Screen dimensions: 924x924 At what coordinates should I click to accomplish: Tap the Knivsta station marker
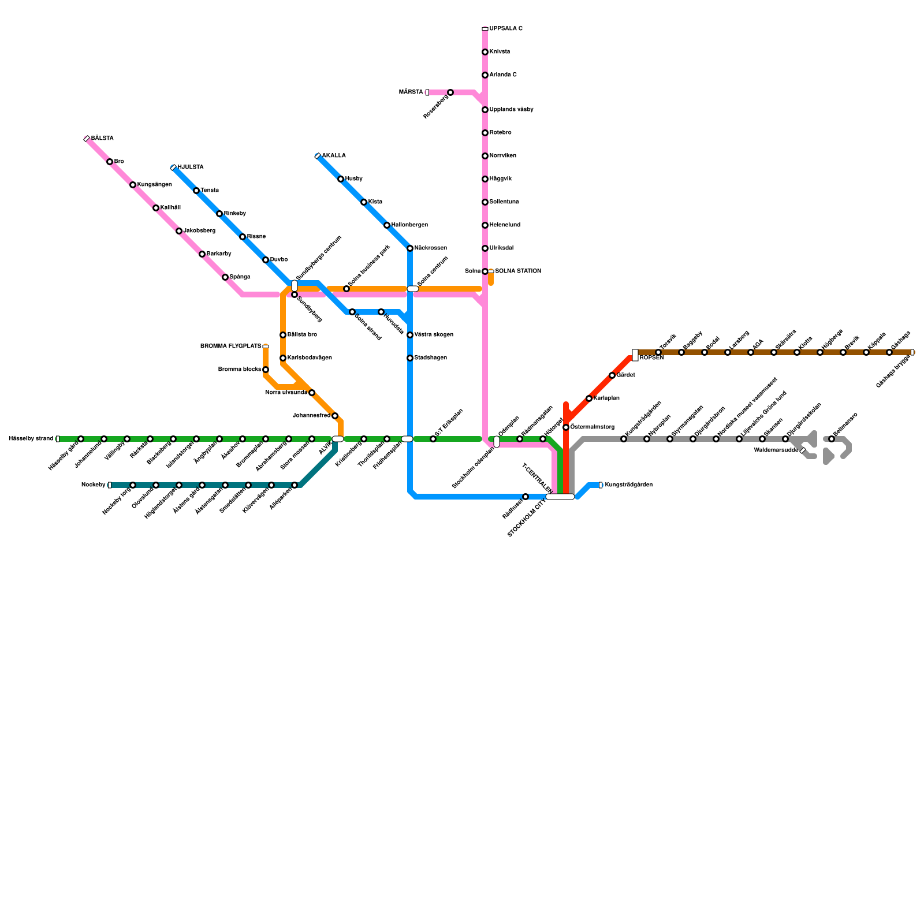coord(485,52)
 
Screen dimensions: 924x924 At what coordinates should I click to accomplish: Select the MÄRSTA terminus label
coord(411,92)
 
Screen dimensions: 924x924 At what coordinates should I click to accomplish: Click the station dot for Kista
coord(364,202)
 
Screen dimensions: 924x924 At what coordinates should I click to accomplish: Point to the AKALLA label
coord(334,156)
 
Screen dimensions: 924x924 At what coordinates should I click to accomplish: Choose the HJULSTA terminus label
coord(190,167)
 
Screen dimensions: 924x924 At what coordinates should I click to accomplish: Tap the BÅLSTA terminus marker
coord(87,139)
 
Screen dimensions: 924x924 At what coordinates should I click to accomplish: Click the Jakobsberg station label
coord(199,231)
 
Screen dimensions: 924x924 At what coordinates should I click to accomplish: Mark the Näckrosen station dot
coord(410,248)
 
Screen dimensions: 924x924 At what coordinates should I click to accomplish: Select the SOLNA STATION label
coord(518,271)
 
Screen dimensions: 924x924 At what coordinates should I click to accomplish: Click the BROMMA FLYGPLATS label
coord(230,346)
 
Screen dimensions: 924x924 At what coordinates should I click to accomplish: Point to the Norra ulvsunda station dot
coord(312,393)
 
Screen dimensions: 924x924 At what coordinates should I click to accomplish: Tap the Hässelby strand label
coord(31,439)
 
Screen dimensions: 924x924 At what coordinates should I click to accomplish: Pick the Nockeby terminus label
coord(93,485)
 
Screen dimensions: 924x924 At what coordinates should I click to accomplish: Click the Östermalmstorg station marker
coord(566,427)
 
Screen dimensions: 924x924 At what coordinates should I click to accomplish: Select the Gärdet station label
coord(626,375)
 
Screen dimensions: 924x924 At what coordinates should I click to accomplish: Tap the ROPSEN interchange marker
coord(635,355)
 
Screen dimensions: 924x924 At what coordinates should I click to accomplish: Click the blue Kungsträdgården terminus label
coord(628,485)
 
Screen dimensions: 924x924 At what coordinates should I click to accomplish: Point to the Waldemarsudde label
coord(776,450)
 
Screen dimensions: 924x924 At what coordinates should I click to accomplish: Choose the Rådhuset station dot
coord(526,497)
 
